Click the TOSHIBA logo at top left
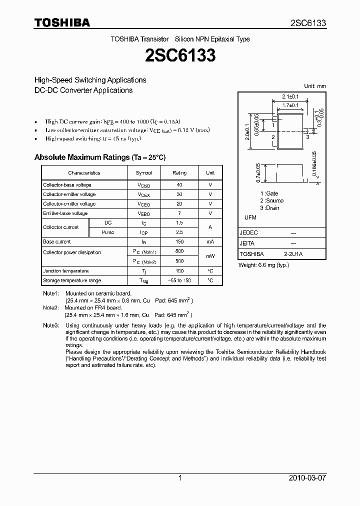click(62, 23)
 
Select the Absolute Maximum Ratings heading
click(99, 157)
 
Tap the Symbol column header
click(144, 173)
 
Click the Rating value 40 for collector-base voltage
click(179, 185)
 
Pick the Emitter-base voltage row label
click(65, 213)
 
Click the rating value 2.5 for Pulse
click(179, 232)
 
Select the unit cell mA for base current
click(210, 242)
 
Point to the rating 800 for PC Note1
click(179, 252)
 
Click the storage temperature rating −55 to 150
click(179, 280)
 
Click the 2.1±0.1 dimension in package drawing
click(290, 96)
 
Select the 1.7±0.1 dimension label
click(290, 105)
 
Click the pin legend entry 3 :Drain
click(269, 208)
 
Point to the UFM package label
click(250, 218)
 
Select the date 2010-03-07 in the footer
click(307, 478)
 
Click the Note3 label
click(50, 325)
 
